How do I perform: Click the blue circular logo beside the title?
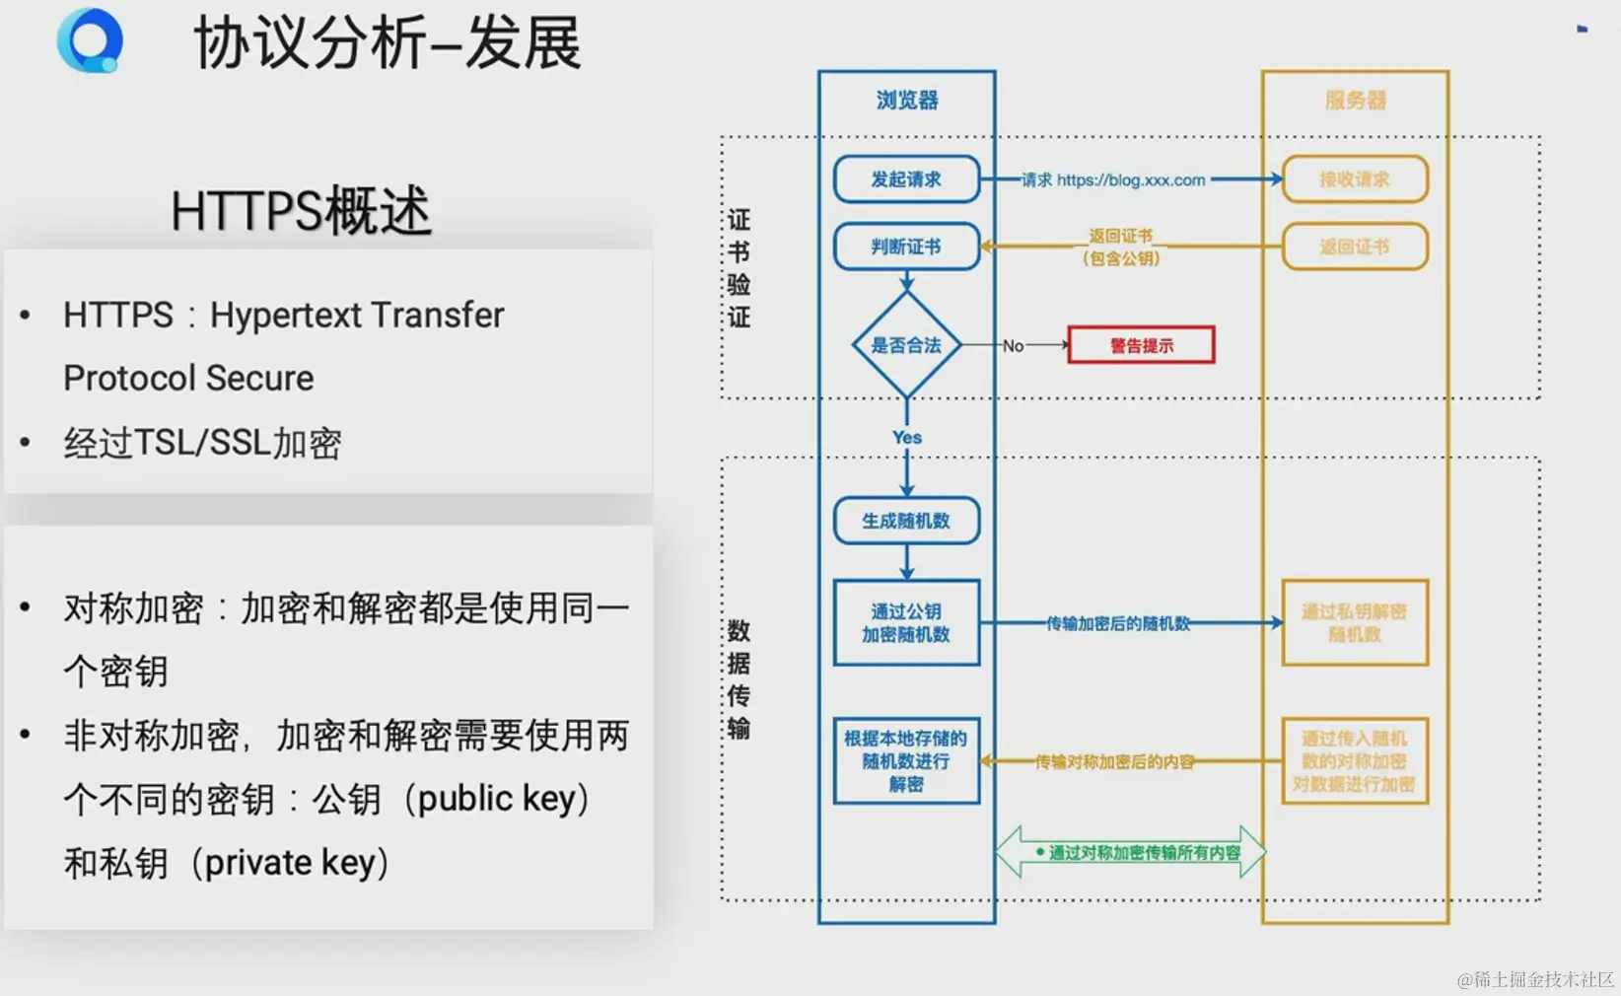click(90, 40)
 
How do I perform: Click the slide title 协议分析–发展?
click(388, 43)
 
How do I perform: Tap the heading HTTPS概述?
click(301, 210)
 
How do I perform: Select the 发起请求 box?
click(906, 179)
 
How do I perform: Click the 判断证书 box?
click(906, 247)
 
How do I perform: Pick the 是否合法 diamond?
click(906, 345)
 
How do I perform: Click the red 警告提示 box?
click(1141, 345)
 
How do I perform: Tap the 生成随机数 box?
click(906, 521)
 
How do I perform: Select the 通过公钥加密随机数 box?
click(906, 623)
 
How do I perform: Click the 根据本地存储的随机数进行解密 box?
click(906, 760)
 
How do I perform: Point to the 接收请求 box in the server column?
click(1355, 179)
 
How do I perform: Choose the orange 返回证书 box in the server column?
click(1355, 247)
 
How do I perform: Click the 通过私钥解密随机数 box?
click(1355, 623)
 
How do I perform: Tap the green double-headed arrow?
click(1130, 852)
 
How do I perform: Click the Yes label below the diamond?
click(907, 437)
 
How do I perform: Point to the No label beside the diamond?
click(1013, 346)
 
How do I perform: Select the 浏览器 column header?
click(907, 100)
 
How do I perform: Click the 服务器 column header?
click(1355, 100)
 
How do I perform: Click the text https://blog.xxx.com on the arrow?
click(1131, 179)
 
